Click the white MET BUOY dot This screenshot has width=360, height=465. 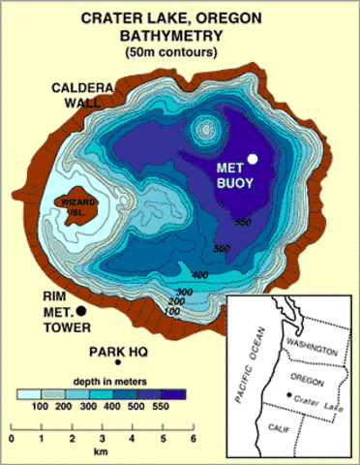pyautogui.click(x=253, y=159)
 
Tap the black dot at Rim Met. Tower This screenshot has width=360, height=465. pyautogui.click(x=81, y=310)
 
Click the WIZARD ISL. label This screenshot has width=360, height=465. pyautogui.click(x=79, y=204)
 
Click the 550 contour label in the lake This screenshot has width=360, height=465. pyautogui.click(x=243, y=223)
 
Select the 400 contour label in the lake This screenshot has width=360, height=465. pyautogui.click(x=200, y=275)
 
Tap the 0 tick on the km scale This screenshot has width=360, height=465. pyautogui.click(x=11, y=431)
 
